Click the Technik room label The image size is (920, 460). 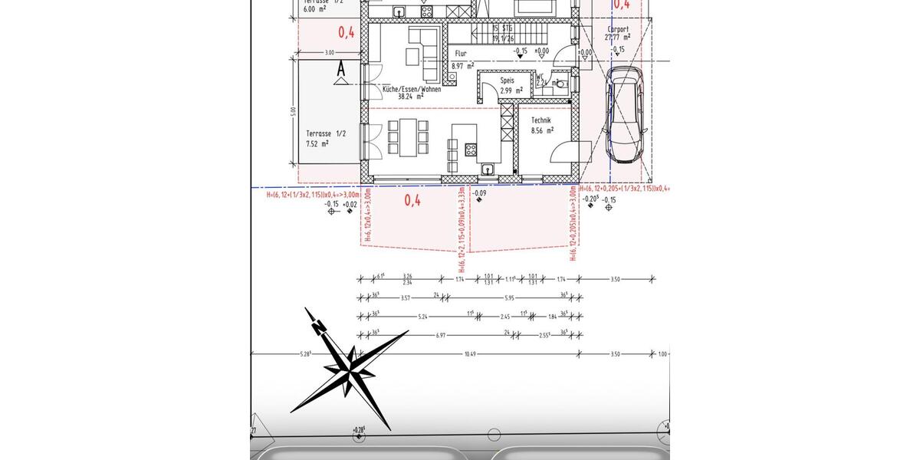coord(544,121)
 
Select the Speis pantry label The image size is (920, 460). coord(506,80)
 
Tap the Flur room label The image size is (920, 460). coord(460,54)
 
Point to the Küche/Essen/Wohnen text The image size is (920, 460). coord(412,89)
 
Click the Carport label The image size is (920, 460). coord(617,29)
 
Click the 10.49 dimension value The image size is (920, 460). coord(470,353)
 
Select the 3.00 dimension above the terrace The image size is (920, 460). coord(330,53)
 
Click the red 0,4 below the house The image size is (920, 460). coord(412,202)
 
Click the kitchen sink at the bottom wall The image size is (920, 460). coord(487,169)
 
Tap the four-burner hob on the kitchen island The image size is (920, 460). coord(469,149)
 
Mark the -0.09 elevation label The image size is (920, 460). coord(479,193)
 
